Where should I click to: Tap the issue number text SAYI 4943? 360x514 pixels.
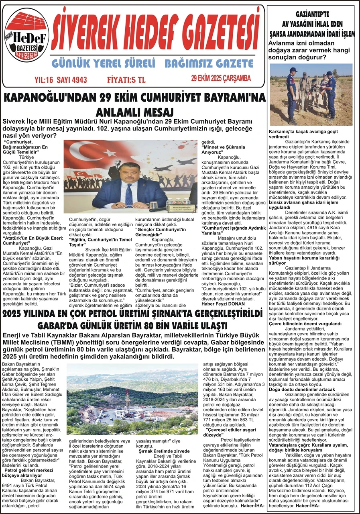coord(72,80)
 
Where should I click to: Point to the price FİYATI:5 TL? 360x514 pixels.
coord(126,80)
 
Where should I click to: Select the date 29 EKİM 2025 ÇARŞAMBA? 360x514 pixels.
coord(221,78)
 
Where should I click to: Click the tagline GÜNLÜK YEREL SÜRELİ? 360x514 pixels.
coord(103,63)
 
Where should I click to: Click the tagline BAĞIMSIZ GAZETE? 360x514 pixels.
coord(209,63)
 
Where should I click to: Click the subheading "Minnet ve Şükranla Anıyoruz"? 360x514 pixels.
coord(217,150)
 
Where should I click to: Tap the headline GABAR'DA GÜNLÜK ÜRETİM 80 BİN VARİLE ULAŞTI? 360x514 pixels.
coord(132,325)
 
